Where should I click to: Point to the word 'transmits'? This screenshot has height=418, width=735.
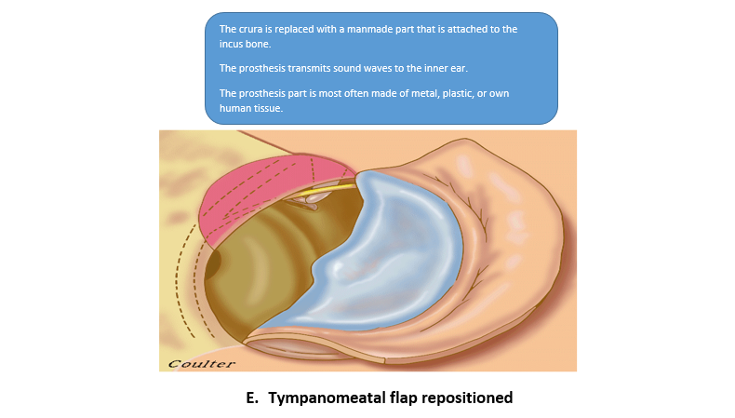point(305,68)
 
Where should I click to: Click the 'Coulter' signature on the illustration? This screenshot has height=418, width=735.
point(202,363)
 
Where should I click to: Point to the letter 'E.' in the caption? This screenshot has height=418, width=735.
point(252,398)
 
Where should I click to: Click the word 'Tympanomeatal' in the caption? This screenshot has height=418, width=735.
point(322,398)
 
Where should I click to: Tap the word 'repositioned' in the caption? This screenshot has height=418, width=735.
point(465,398)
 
